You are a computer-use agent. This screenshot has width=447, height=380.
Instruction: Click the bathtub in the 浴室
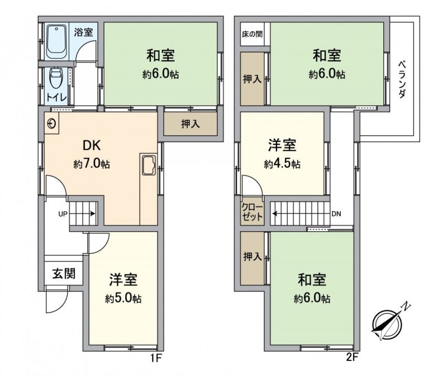point(57,42)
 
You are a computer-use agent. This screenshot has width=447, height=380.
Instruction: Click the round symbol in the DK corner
point(51,124)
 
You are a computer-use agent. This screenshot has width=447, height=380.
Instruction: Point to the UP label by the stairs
point(63,214)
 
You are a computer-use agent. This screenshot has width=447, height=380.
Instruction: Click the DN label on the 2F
point(336,214)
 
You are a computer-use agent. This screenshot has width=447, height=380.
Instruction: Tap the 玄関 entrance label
point(64,274)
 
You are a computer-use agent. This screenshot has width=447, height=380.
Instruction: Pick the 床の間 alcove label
point(252,34)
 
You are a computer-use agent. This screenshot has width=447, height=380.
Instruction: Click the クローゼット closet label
point(252,212)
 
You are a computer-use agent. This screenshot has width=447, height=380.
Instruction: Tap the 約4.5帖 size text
point(282,164)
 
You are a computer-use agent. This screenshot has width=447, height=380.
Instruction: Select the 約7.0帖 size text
point(92,164)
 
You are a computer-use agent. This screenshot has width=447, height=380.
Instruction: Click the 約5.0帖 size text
point(123,299)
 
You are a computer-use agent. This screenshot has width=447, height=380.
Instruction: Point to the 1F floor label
point(156,358)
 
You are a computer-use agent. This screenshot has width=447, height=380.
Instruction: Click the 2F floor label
point(352,358)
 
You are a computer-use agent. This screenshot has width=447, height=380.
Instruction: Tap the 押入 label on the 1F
point(191,124)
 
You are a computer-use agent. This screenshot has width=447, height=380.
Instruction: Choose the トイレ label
point(57,98)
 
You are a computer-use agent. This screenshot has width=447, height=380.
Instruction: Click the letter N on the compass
point(406,306)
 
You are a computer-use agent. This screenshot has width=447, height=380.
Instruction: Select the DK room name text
point(92,146)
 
